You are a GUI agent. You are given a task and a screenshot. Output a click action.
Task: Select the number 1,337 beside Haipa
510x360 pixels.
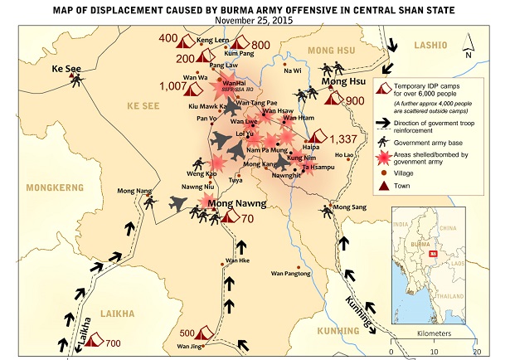tap(342, 139)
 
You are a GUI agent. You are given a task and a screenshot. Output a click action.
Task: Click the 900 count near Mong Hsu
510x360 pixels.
tap(355, 100)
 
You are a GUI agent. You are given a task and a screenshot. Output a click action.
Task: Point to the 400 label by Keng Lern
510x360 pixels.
tap(168, 39)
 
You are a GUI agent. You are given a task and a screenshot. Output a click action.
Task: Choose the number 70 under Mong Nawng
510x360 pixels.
tap(247, 219)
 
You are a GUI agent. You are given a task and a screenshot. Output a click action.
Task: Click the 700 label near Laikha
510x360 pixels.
tap(113, 343)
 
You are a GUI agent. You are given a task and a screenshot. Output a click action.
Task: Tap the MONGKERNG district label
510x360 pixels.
tap(51, 187)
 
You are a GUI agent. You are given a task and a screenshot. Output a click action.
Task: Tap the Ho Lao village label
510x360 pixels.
tap(343, 155)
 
